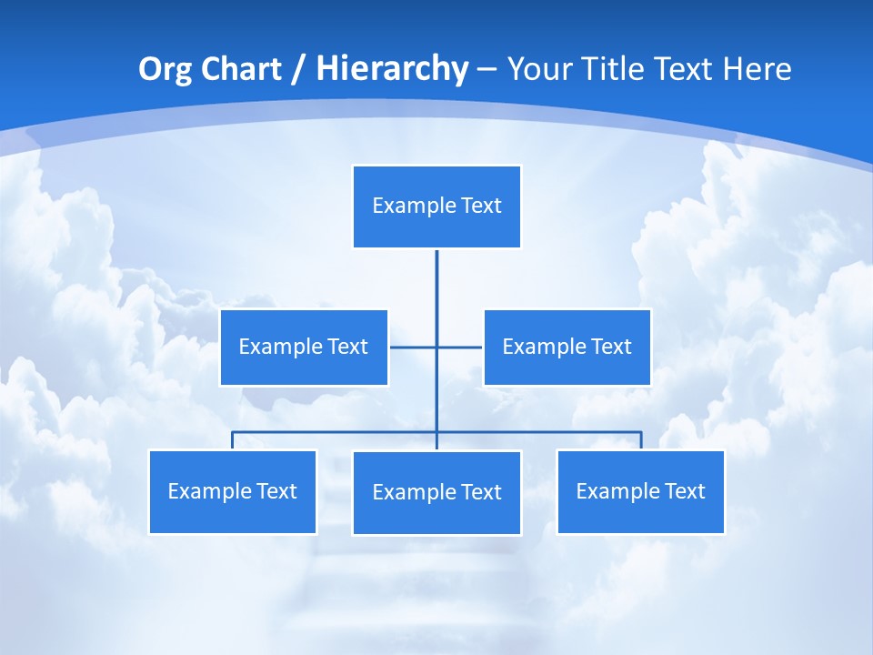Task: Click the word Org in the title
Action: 165,69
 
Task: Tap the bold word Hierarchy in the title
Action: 392,69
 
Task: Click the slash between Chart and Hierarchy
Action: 299,69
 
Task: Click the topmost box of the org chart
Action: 436,207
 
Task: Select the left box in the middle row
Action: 304,348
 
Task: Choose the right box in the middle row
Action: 567,348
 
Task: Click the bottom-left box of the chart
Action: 233,492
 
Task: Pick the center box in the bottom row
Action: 436,493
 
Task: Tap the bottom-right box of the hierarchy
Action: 640,492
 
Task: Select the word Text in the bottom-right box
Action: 684,492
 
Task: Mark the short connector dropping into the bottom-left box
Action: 233,440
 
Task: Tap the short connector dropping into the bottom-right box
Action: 641,440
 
